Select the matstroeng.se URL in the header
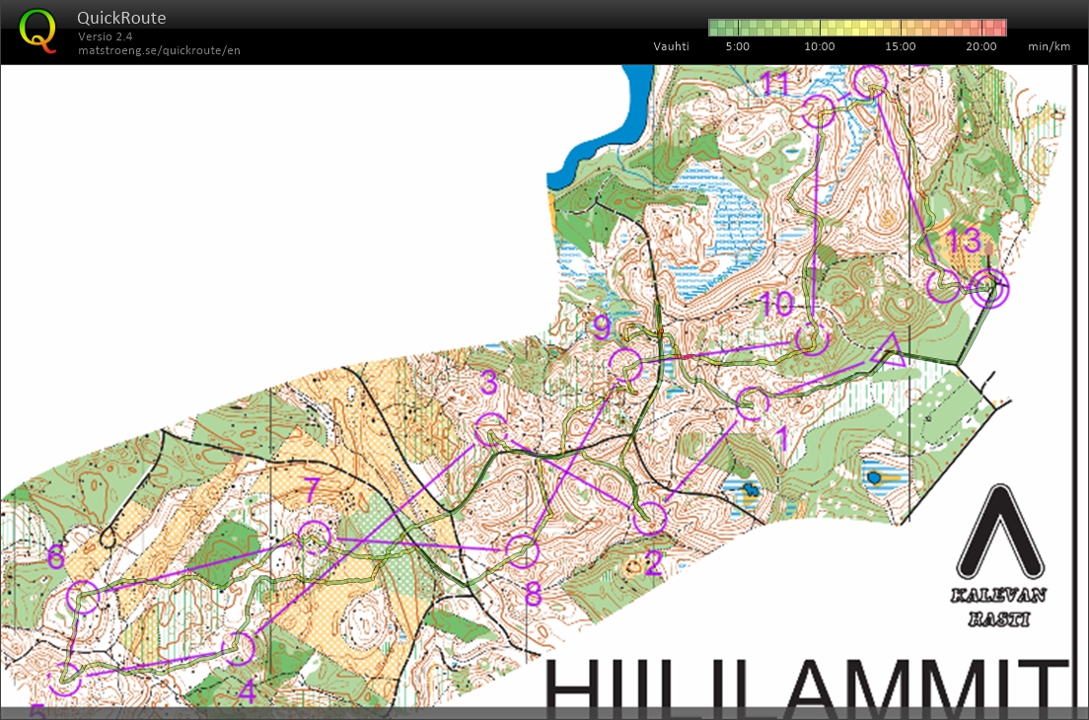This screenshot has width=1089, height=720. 159,50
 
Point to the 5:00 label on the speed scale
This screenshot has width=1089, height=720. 737,46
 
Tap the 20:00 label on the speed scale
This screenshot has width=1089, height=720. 980,46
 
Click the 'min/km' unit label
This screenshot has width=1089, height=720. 1049,46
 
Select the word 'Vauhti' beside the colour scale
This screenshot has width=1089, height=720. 671,46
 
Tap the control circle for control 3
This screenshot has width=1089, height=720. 491,430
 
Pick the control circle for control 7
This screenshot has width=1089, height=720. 315,539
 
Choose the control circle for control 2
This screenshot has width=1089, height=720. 650,517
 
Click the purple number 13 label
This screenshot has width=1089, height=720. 963,240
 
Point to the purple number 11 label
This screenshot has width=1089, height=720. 776,84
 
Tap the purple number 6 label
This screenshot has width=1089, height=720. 55,557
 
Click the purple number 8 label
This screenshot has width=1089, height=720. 533,594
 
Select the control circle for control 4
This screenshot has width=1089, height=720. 238,648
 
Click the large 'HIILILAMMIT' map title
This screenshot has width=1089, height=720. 804,684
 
